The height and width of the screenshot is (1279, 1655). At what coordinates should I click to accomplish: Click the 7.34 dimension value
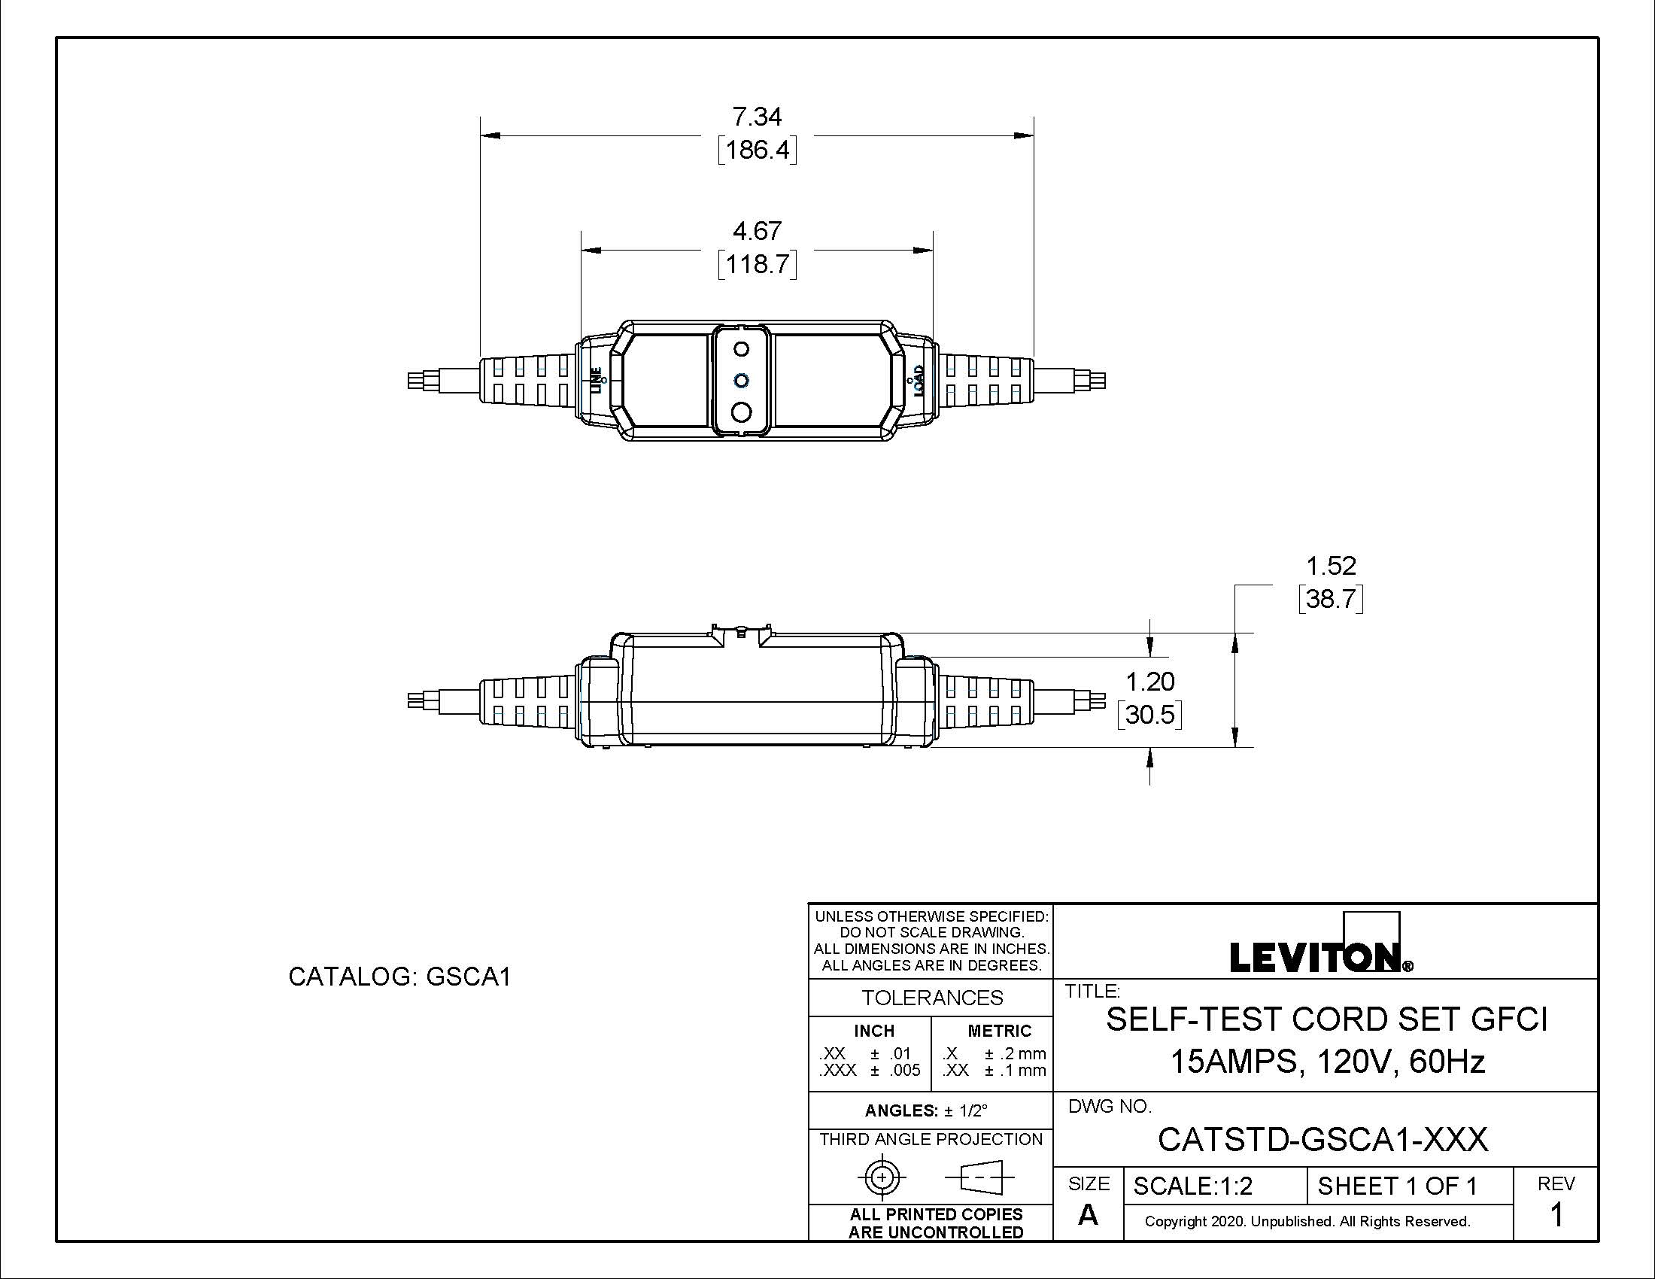pyautogui.click(x=756, y=117)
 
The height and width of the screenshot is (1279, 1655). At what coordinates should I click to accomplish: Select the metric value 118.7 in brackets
pyautogui.click(x=757, y=264)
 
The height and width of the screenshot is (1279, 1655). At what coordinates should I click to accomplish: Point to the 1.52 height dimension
pyautogui.click(x=1331, y=566)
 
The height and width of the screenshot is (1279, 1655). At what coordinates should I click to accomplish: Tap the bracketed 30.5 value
pyautogui.click(x=1149, y=715)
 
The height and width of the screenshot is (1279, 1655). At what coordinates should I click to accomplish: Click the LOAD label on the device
pyautogui.click(x=919, y=381)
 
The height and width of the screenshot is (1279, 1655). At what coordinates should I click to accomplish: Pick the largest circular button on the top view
pyautogui.click(x=742, y=412)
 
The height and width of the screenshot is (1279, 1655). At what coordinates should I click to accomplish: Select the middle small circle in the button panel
pyautogui.click(x=742, y=380)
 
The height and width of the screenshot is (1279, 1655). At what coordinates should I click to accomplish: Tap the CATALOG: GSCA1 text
pyautogui.click(x=399, y=977)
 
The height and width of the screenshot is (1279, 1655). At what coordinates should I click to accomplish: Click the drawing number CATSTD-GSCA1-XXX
pyautogui.click(x=1322, y=1139)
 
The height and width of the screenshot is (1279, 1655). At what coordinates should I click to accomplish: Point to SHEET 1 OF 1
pyautogui.click(x=1398, y=1186)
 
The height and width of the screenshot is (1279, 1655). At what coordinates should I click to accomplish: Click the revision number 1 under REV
pyautogui.click(x=1556, y=1215)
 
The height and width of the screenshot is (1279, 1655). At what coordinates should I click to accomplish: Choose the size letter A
pyautogui.click(x=1088, y=1215)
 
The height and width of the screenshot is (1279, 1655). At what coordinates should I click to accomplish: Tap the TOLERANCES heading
pyautogui.click(x=931, y=998)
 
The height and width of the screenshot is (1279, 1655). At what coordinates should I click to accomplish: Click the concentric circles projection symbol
pyautogui.click(x=882, y=1177)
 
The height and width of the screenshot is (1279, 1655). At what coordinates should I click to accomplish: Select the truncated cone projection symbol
pyautogui.click(x=979, y=1177)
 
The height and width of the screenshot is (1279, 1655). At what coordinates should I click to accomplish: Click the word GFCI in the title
pyautogui.click(x=1509, y=1020)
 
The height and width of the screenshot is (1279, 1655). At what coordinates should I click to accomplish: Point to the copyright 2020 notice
pyautogui.click(x=1307, y=1221)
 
